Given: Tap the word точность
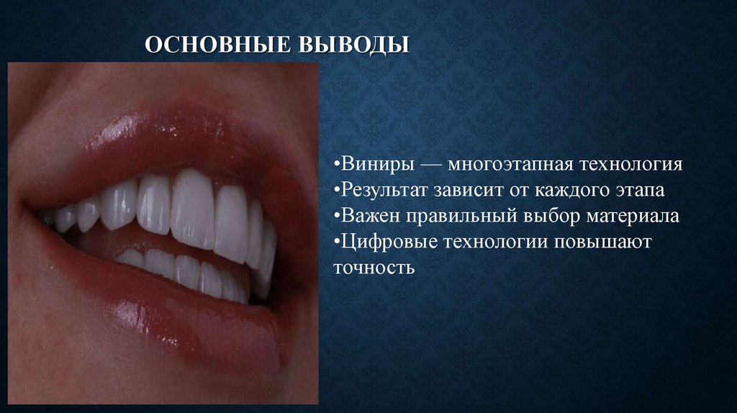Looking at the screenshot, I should pyautogui.click(x=374, y=268).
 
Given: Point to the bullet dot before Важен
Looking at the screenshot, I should pyautogui.click(x=336, y=217).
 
